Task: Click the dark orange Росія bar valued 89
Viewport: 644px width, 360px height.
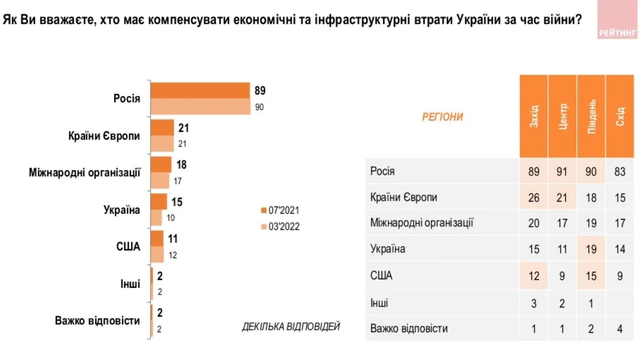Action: pos(200,91)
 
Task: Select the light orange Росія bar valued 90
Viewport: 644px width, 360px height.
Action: pos(200,107)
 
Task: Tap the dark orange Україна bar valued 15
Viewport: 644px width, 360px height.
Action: pos(159,202)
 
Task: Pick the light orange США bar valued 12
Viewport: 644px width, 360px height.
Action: pos(157,255)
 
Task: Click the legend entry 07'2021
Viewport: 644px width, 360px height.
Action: pos(280,210)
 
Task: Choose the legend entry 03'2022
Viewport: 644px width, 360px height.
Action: pos(280,226)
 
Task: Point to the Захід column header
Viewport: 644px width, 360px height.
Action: pos(534,116)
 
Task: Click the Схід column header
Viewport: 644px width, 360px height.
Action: pos(620,116)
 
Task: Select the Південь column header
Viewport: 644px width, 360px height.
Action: pos(591,116)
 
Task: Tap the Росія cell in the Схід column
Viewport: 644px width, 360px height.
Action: pos(620,172)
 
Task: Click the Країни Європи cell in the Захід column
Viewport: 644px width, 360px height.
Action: pos(534,197)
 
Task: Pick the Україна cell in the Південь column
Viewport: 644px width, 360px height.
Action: pos(591,249)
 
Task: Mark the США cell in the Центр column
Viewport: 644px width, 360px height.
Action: pos(562,276)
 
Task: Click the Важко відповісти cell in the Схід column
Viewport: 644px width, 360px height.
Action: pos(620,329)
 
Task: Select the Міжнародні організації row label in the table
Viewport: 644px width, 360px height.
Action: pos(422,223)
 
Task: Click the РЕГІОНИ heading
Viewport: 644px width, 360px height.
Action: pos(442,117)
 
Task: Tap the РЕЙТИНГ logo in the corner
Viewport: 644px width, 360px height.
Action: pos(617,20)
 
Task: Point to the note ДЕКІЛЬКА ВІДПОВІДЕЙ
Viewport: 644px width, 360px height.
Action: pos(291,327)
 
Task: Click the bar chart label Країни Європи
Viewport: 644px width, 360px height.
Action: pos(104,136)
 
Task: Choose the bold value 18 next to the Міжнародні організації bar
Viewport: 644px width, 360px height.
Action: pos(182,165)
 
